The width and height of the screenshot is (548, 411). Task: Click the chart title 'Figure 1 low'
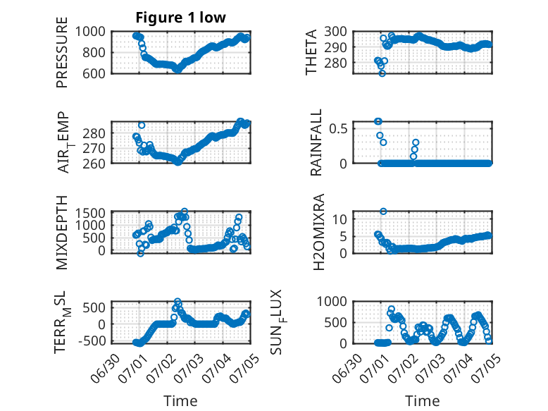(181, 18)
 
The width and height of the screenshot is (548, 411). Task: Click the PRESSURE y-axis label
(61, 52)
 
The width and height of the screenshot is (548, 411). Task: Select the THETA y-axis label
(311, 52)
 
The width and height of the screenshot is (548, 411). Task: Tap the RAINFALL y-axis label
(316, 142)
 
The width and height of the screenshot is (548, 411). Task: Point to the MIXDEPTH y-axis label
(61, 233)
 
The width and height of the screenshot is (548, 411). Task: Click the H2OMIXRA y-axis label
(319, 232)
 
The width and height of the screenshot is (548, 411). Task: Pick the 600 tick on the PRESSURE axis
(94, 73)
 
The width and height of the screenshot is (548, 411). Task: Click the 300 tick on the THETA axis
(335, 32)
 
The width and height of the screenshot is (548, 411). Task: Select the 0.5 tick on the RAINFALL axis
(338, 128)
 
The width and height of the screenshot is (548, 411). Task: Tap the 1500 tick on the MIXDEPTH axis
(90, 213)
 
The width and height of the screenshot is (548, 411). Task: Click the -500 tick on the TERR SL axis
(92, 341)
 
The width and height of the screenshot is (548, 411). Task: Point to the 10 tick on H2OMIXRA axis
(340, 219)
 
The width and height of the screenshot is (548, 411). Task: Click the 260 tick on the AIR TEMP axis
(94, 164)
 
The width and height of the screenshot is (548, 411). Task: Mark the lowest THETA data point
(382, 73)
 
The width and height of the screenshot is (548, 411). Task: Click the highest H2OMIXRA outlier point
(383, 211)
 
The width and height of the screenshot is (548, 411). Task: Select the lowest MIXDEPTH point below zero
(140, 254)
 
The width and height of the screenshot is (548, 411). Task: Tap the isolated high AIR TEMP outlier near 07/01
(142, 125)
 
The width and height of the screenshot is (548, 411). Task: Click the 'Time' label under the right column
(422, 400)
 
